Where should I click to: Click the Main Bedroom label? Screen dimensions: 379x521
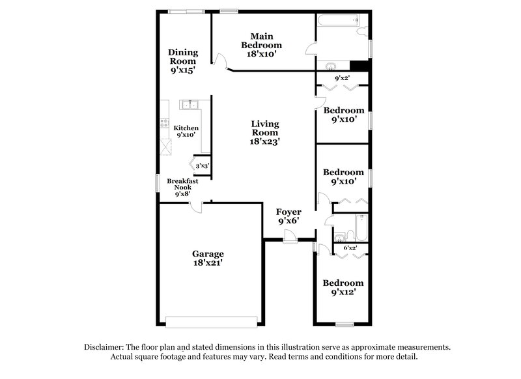click(261, 45)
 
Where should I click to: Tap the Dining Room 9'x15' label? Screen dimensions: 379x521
click(182, 60)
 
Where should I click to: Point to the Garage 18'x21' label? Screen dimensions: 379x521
click(208, 258)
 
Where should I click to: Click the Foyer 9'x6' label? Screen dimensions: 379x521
click(288, 216)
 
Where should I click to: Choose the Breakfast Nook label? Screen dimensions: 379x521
click(182, 188)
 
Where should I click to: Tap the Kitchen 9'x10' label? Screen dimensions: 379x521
click(186, 132)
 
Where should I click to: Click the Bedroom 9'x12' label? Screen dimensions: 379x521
click(343, 288)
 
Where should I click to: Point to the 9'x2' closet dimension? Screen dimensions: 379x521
click(342, 79)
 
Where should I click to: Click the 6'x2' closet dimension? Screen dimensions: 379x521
click(350, 248)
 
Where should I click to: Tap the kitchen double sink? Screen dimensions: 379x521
click(190, 104)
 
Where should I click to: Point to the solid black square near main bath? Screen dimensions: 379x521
click(358, 66)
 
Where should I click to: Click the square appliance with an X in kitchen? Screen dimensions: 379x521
click(166, 148)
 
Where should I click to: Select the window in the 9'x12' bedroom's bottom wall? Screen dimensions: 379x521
click(344, 324)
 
